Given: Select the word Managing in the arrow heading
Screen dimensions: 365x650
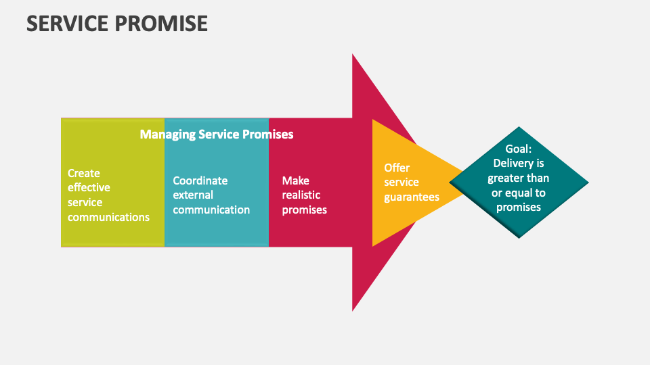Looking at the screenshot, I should tap(167, 135).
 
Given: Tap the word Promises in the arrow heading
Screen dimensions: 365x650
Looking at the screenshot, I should tap(268, 135).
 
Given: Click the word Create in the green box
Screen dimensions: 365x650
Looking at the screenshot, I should tap(84, 173).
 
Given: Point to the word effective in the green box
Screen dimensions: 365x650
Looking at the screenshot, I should tap(89, 187).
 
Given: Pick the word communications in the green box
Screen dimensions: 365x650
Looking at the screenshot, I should tap(108, 217).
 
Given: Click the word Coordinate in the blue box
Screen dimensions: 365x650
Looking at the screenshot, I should tap(200, 180).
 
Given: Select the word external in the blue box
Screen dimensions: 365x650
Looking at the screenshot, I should tap(193, 195).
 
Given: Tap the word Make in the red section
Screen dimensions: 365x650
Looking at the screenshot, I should tap(295, 180).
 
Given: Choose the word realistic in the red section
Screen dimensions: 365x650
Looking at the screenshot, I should tap(301, 195).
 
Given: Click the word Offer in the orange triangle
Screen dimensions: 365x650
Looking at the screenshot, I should tap(397, 168).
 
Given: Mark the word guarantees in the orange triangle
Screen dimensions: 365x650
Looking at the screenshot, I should tap(412, 197).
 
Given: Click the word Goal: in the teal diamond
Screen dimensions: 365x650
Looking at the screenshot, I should tap(519, 149).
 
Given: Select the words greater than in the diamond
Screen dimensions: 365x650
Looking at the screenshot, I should tap(519, 178).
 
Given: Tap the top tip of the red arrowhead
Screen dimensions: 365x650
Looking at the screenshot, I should tap(353, 55).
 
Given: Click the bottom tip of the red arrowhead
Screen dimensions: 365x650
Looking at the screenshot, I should tap(353, 310).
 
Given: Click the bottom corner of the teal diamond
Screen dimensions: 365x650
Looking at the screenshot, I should tap(519, 237).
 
